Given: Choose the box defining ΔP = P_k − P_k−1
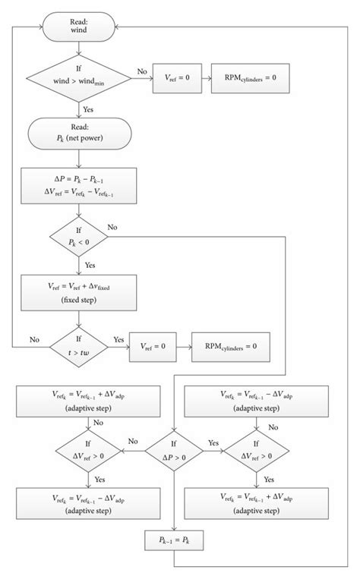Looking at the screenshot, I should click(x=78, y=187).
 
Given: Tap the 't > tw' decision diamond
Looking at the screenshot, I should click(x=78, y=345).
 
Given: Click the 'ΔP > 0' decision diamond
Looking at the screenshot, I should click(x=174, y=450).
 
